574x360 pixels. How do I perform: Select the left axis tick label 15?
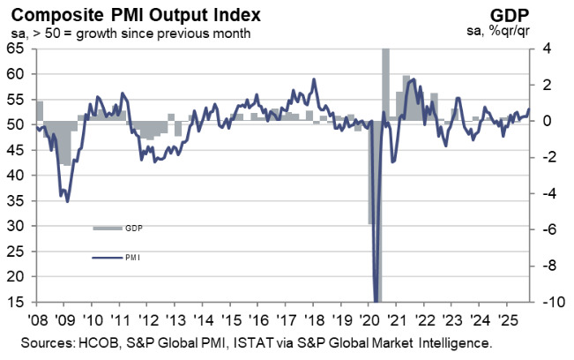point(16,302)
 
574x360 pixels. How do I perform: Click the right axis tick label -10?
point(548,302)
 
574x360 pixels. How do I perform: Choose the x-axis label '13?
point(177,319)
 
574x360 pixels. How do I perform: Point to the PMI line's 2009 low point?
point(68,201)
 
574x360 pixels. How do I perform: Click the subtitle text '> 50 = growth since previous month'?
point(141,34)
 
